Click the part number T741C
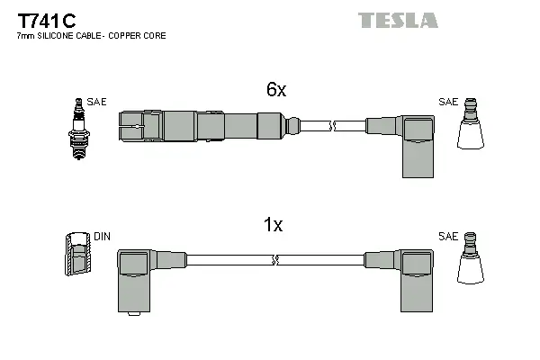click(x=42, y=20)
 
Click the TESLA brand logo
click(x=398, y=20)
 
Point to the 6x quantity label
click(x=275, y=89)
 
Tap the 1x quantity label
click(x=274, y=227)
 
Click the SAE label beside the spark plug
click(x=97, y=103)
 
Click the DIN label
click(x=102, y=237)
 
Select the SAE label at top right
click(x=447, y=102)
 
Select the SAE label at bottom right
click(x=447, y=236)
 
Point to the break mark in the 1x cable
click(x=274, y=260)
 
